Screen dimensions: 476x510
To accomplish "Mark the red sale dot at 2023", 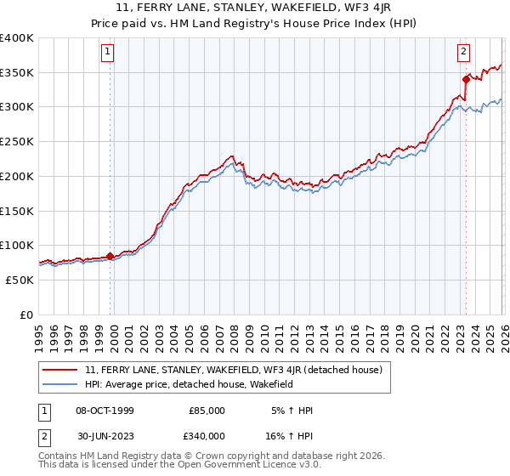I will click(466, 79).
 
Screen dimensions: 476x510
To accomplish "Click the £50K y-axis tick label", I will click(20, 280).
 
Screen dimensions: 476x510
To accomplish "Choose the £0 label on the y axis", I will click(27, 314).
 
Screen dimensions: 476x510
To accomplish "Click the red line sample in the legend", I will click(61, 370).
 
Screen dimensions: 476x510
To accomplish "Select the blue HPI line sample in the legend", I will click(61, 384).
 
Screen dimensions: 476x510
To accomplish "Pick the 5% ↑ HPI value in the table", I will click(292, 411).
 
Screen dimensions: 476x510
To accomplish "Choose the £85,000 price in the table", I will click(207, 411).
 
